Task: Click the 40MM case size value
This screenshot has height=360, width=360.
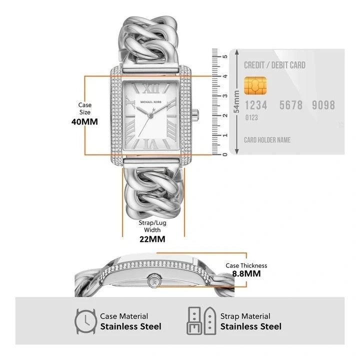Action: (x=84, y=121)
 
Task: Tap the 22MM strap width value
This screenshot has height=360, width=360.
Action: (x=152, y=239)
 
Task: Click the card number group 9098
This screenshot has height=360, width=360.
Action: (x=323, y=105)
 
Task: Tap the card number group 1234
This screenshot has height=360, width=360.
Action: (x=256, y=105)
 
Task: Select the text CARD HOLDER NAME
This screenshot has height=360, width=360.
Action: (x=267, y=140)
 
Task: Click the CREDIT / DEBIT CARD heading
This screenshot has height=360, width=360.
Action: (x=274, y=65)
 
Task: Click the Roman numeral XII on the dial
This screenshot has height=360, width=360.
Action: (x=151, y=88)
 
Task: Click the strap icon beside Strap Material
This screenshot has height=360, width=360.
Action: (x=201, y=320)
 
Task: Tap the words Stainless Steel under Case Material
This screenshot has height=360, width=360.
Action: (x=130, y=326)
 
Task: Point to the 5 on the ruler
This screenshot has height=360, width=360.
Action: (x=225, y=56)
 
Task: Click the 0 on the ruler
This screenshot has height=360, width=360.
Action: (x=225, y=153)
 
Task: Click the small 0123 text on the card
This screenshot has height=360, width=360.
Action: (x=251, y=118)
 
